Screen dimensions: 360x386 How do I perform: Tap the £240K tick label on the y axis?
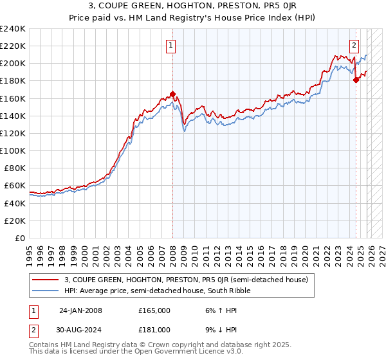13,29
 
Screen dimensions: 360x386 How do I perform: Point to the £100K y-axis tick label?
13,150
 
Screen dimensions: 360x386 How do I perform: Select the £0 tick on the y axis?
20,238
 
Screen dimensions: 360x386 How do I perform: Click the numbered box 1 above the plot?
171,45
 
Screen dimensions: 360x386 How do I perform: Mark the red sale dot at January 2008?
172,94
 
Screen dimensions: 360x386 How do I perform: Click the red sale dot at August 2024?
356,80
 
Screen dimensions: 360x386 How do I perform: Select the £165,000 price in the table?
154,310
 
